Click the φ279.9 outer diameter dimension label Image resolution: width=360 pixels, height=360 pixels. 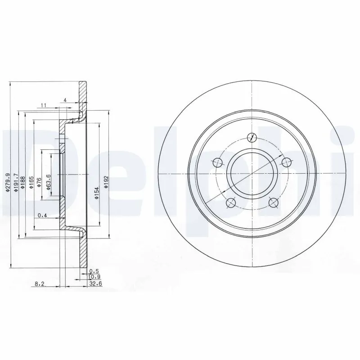point(8,183)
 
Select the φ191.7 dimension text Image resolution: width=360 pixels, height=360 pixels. point(16,183)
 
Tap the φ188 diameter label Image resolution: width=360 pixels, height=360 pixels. point(23,183)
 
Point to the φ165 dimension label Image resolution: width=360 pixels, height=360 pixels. point(31,183)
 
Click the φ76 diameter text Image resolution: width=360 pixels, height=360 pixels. point(40,183)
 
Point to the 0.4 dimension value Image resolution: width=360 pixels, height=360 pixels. point(42,216)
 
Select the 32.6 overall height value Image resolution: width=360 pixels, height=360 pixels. point(94,283)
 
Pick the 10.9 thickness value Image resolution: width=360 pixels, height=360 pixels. point(94,277)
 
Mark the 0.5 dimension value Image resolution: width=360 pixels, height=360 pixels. point(94,271)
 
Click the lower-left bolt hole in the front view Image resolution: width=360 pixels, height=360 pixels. point(231,202)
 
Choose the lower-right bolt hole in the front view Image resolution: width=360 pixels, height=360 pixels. point(272,202)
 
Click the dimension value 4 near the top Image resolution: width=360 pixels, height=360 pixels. point(65,100)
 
